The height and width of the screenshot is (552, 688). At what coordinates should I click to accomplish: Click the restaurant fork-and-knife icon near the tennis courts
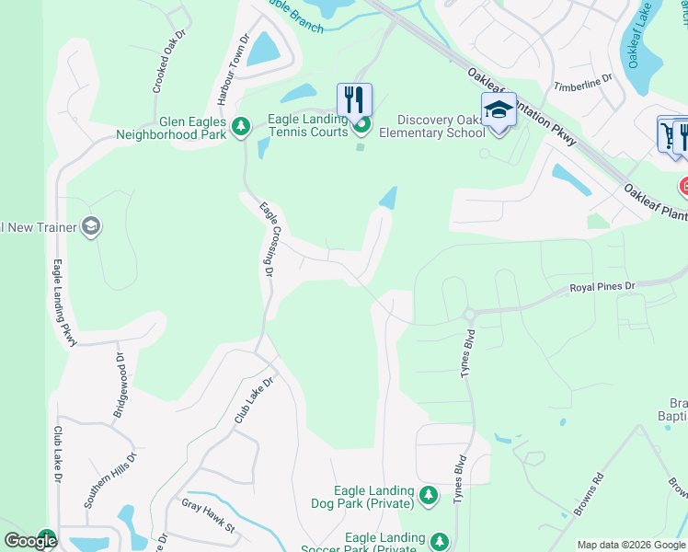click(x=354, y=98)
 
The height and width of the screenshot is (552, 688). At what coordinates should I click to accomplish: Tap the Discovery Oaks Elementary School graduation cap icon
click(x=499, y=109)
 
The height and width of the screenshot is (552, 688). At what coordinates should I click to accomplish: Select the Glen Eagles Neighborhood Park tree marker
click(x=241, y=126)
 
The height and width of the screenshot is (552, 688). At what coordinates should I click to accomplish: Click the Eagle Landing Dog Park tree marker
click(x=428, y=496)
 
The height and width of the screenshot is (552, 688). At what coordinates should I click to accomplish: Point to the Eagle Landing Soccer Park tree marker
click(x=440, y=542)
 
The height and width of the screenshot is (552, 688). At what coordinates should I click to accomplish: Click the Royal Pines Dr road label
click(x=602, y=287)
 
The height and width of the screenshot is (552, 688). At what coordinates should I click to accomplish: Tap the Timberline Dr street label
click(x=582, y=83)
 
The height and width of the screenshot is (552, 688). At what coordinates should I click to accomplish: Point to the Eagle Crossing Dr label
click(x=266, y=239)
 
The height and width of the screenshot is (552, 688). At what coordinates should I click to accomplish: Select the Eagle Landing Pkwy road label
click(x=63, y=303)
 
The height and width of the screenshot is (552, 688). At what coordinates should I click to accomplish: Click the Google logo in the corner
click(x=29, y=541)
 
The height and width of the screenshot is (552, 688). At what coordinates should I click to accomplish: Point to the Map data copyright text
click(x=631, y=545)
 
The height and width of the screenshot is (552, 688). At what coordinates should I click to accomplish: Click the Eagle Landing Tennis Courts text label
click(x=306, y=125)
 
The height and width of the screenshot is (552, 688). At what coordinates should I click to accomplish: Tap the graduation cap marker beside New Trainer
click(x=90, y=225)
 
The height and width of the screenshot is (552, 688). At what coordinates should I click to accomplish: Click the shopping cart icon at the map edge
click(x=668, y=134)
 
